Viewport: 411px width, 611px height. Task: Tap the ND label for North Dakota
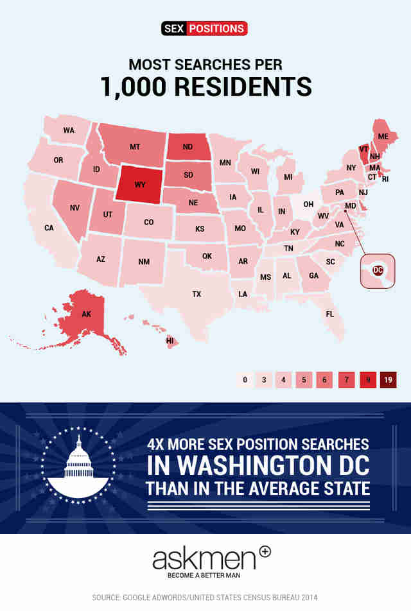click(x=188, y=147)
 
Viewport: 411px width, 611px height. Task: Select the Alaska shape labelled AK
click(x=87, y=314)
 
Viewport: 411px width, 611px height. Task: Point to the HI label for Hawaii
click(x=171, y=341)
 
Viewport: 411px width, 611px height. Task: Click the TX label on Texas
click(x=197, y=294)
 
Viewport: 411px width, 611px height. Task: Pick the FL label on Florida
click(x=329, y=314)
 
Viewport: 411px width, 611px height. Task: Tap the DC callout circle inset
click(x=378, y=271)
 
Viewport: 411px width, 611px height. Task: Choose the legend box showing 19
click(x=389, y=380)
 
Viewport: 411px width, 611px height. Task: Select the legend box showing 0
click(x=245, y=380)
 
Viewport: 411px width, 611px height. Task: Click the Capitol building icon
click(x=80, y=461)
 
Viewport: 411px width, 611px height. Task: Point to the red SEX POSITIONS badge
click(x=205, y=29)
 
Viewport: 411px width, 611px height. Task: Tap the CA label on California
click(x=49, y=228)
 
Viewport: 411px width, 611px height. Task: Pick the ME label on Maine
click(x=383, y=137)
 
